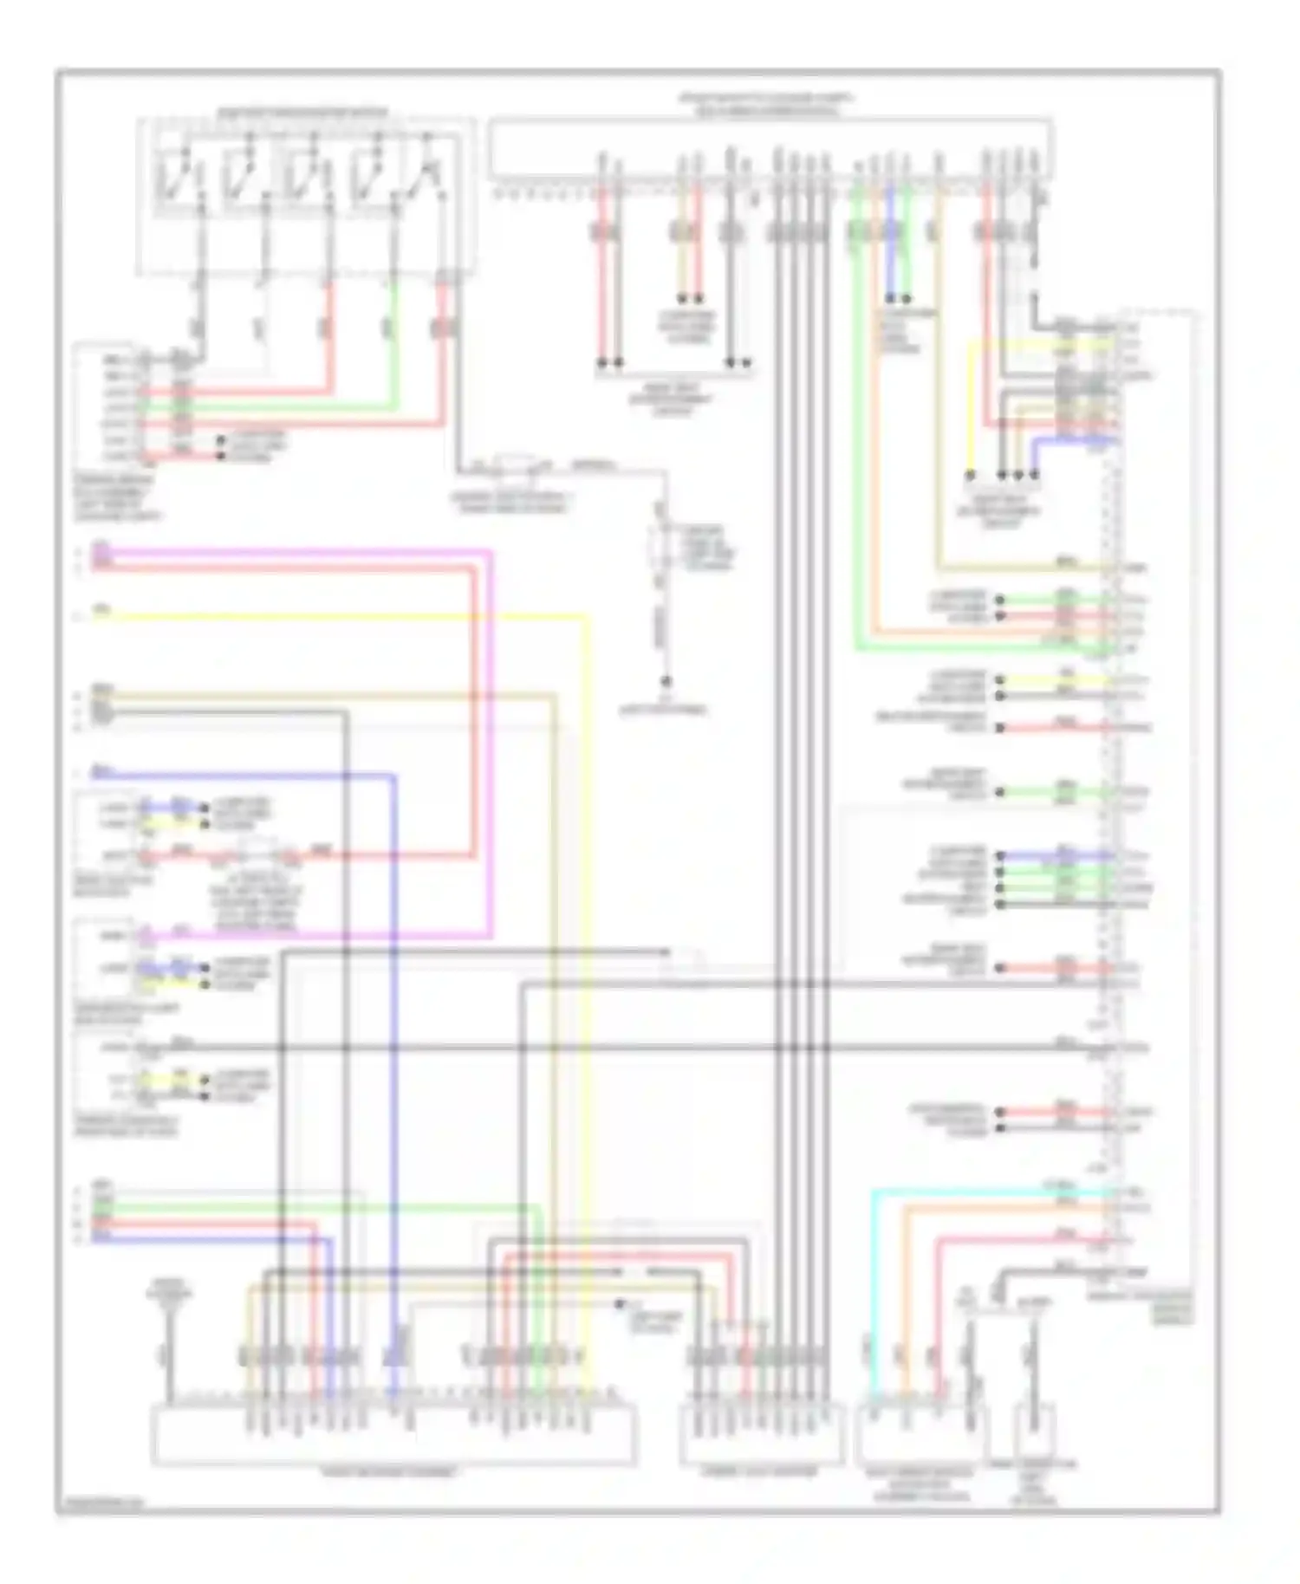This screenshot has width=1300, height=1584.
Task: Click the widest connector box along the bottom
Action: (x=394, y=1434)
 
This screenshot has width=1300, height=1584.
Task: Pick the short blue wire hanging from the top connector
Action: (x=890, y=260)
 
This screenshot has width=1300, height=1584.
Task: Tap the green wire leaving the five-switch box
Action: (x=394, y=347)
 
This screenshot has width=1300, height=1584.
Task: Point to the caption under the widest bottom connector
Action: (x=390, y=1471)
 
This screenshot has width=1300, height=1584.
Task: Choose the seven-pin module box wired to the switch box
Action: (x=107, y=407)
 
